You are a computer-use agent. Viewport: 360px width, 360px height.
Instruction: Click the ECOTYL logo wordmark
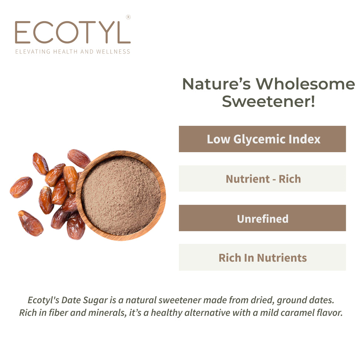click(x=72, y=33)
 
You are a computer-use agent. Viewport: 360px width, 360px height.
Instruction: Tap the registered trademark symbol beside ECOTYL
click(x=128, y=17)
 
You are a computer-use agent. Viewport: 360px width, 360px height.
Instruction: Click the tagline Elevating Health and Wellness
click(x=72, y=52)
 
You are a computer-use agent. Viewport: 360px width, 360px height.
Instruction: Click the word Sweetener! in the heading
click(x=268, y=101)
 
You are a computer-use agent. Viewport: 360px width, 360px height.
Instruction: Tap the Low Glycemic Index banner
click(x=262, y=139)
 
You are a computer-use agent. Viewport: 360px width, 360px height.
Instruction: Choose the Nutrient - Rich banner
click(x=262, y=179)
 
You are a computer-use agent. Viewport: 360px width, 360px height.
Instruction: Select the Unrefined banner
click(x=262, y=218)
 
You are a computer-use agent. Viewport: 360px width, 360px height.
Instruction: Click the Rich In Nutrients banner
click(x=262, y=258)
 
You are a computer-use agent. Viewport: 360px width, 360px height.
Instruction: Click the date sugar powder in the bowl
click(x=121, y=195)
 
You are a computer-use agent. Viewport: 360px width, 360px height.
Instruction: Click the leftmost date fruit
click(x=21, y=187)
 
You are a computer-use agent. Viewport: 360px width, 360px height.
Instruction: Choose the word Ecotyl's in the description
click(x=43, y=300)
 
